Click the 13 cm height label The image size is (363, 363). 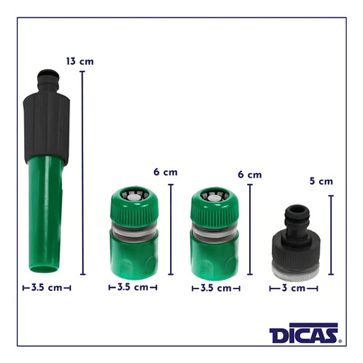[79, 61]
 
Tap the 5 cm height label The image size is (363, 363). [321, 181]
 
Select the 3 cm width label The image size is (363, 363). [293, 288]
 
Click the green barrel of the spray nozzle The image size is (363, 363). [46, 209]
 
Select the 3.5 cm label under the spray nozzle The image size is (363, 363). [46, 287]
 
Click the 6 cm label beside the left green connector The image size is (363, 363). [165, 172]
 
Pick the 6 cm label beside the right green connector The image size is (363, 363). [249, 174]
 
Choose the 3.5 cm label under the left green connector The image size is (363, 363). [133, 287]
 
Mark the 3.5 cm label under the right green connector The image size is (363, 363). [216, 288]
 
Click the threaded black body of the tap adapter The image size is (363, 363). [293, 245]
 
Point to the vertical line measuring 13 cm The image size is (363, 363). [82, 173]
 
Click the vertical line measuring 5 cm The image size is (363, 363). [331, 235]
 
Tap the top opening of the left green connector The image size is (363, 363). [133, 195]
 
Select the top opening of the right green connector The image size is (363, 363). [215, 196]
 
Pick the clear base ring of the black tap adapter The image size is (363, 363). [293, 271]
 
